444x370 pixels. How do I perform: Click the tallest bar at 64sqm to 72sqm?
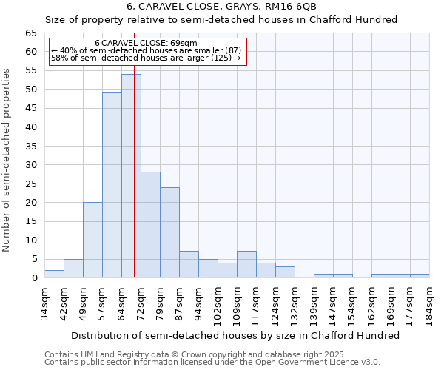coord(131,176)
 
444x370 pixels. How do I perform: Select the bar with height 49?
coord(112,185)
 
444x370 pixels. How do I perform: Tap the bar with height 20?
coord(92,240)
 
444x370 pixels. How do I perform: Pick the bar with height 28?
coord(150,225)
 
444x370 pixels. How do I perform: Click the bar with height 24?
coord(169,232)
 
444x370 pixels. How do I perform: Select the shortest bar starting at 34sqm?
coord(54,274)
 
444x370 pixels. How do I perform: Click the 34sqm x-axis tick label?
coord(45,303)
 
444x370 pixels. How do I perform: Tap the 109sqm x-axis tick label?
coord(238,303)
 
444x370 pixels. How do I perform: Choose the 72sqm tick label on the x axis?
coord(141,303)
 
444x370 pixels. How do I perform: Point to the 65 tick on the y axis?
coord(31,33)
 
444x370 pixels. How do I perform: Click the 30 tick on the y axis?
coord(31,165)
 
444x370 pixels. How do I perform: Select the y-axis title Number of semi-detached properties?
coord(7,160)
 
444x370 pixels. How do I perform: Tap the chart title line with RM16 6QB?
coord(222,6)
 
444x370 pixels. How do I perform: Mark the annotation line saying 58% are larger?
coord(146,58)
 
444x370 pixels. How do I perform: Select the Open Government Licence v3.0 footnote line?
coord(212,362)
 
